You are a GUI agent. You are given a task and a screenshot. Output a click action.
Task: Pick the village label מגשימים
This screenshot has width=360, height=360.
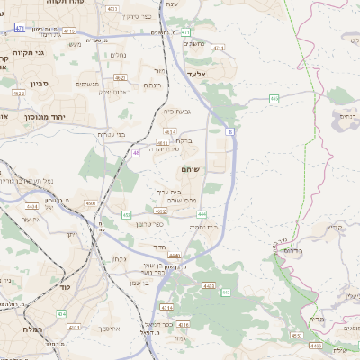[x=87, y=85]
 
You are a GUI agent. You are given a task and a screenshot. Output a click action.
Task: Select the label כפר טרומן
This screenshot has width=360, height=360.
[x=150, y=223]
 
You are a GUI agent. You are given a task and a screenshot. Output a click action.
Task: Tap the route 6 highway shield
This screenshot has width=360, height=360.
[x=229, y=131]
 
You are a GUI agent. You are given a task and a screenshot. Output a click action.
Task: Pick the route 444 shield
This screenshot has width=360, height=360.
[x=202, y=214]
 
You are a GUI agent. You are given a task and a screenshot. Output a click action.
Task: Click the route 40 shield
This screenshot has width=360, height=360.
[x=136, y=153]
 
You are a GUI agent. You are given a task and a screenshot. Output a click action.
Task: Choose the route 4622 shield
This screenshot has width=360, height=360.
[x=19, y=93]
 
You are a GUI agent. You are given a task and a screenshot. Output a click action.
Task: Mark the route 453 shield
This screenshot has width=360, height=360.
[x=126, y=215]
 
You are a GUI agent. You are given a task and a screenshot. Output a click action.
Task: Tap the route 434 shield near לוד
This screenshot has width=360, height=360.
[x=61, y=313]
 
